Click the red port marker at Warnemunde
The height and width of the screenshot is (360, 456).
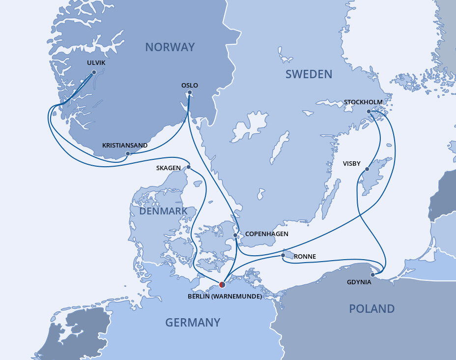[x=222, y=284]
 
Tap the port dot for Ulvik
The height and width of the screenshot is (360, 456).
[x=94, y=72]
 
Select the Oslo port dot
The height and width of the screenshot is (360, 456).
[x=190, y=92]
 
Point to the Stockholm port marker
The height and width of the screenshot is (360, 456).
[x=369, y=111]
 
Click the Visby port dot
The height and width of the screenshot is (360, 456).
[x=367, y=170]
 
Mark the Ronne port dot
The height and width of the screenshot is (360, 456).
[x=284, y=256]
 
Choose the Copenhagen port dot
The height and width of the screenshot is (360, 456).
[x=235, y=235]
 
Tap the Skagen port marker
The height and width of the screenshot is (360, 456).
[x=188, y=167]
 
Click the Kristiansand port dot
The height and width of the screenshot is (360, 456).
[x=127, y=153]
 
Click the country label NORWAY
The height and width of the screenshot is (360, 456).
[x=170, y=47]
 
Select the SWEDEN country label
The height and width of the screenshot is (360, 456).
[x=309, y=74]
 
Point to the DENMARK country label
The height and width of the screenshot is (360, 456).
[x=163, y=211]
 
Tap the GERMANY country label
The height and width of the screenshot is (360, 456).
[x=193, y=323]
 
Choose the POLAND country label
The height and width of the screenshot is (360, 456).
[x=371, y=309]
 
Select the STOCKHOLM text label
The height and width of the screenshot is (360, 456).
[x=363, y=102]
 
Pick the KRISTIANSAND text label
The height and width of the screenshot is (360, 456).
[x=125, y=146]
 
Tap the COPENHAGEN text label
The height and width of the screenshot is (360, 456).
[x=266, y=234]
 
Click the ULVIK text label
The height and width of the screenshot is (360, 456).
[x=96, y=63]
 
